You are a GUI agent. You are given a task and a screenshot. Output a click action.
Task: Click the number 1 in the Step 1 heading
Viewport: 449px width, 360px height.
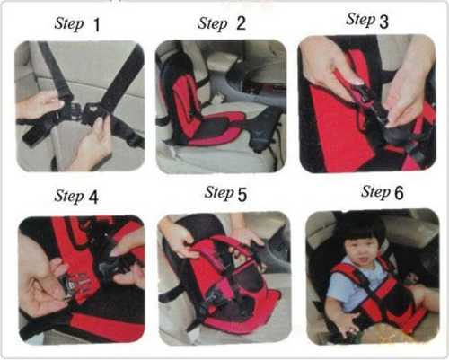pos(96,25)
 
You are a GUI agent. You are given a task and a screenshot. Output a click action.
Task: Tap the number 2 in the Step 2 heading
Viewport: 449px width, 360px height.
pos(241,23)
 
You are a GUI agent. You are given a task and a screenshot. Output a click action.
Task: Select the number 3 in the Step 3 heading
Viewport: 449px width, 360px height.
pos(383,22)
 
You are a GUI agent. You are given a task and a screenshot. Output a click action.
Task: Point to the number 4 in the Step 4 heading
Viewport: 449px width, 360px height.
pos(93,198)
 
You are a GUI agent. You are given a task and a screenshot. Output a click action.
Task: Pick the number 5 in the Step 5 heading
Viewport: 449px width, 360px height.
pos(242,195)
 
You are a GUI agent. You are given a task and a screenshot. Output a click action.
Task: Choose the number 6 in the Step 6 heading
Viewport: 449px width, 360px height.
pos(399,193)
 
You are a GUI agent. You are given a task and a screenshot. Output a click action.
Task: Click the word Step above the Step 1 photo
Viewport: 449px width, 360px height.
pos(69,23)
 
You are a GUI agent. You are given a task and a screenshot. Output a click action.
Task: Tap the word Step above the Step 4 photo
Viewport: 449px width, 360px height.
pos(69,196)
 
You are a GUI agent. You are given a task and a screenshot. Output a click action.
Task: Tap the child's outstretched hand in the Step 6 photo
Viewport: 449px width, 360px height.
pos(348,324)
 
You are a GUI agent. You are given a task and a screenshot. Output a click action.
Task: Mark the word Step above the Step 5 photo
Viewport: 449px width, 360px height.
pos(219,193)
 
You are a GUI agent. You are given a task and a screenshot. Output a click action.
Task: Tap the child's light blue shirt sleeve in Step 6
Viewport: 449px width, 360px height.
pos(336,287)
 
